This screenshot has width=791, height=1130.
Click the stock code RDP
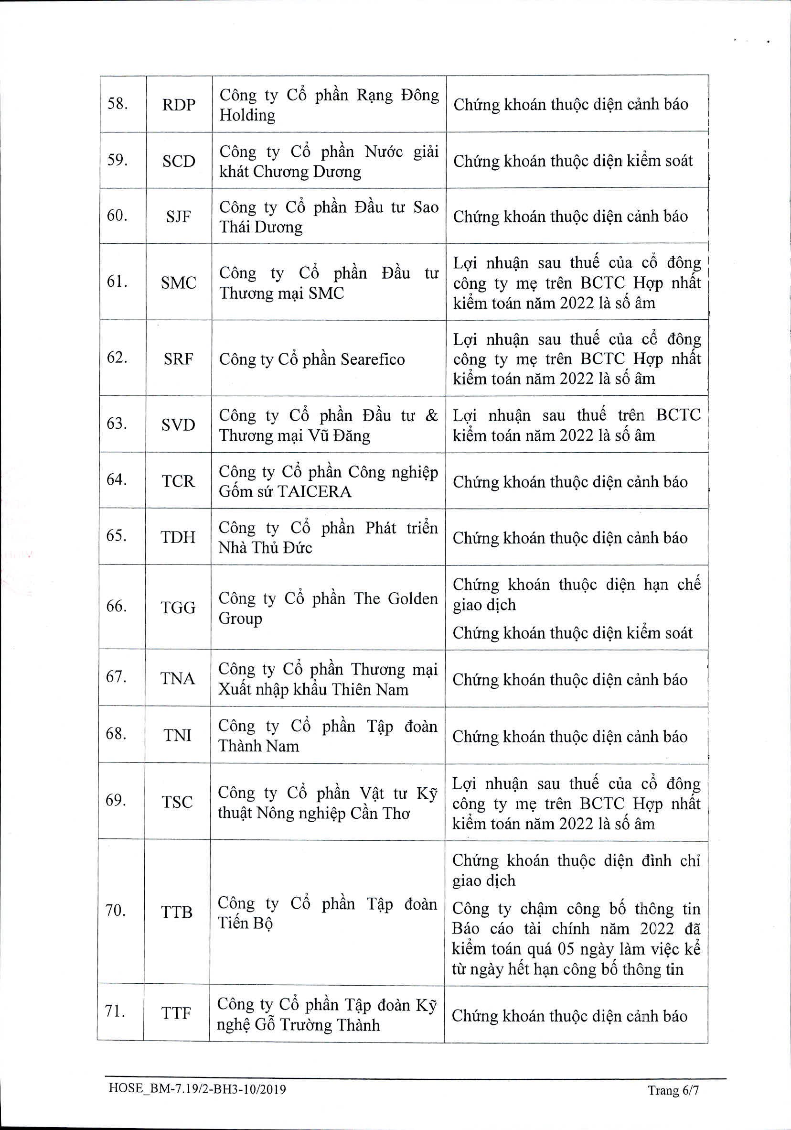[x=179, y=105]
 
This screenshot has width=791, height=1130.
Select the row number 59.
[x=117, y=160]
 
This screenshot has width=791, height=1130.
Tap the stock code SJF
[x=178, y=217]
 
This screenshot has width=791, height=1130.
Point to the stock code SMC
[x=178, y=282]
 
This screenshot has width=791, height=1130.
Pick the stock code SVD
[x=178, y=424]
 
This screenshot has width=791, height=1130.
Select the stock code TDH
[x=178, y=536]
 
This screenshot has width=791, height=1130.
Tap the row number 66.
[x=116, y=606]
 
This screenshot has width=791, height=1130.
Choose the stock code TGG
[x=178, y=608]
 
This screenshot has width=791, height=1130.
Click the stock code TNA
[x=178, y=679]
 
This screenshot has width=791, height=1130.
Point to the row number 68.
[x=116, y=733]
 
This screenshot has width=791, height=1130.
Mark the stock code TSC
[x=177, y=802]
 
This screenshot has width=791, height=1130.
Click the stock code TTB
[x=177, y=912]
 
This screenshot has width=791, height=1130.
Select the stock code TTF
[x=176, y=1013]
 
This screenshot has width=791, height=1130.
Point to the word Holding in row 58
[x=247, y=115]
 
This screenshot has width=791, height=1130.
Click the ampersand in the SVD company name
[x=431, y=416]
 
